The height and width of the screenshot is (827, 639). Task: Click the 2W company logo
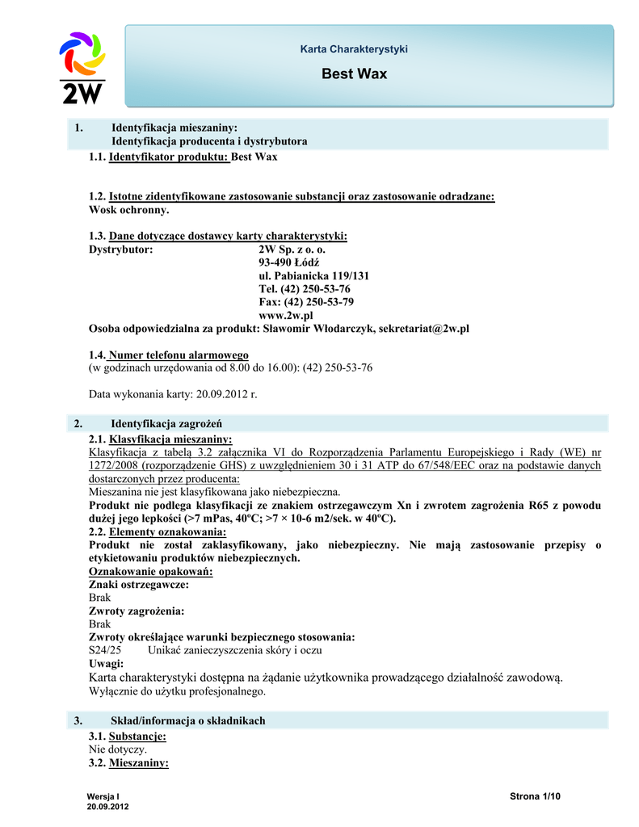(82, 68)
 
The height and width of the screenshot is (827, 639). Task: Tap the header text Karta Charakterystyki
(354, 50)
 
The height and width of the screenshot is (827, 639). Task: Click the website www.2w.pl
(285, 315)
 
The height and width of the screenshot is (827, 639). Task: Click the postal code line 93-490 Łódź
(288, 263)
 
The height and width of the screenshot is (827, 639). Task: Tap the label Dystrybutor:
(120, 250)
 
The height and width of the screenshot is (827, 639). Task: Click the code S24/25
(104, 650)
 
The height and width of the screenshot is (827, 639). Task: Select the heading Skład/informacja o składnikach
(187, 720)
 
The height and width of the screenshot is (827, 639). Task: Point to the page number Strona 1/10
(535, 797)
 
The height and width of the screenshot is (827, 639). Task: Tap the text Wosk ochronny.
(129, 210)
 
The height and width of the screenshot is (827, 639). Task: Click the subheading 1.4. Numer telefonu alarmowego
(168, 355)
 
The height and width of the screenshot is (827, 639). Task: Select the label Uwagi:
(105, 663)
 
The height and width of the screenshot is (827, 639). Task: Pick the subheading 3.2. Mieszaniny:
(128, 762)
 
